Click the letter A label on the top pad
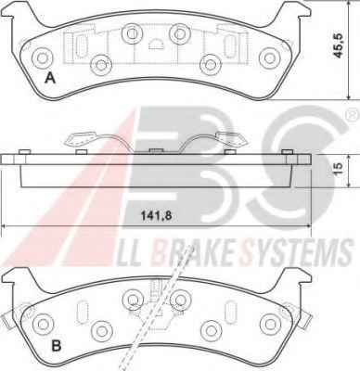tap(50, 78)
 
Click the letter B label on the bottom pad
tap(56, 346)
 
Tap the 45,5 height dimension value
tap(338, 45)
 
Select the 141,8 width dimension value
tap(156, 216)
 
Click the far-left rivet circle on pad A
tap(42, 58)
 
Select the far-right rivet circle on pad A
tap(269, 58)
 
